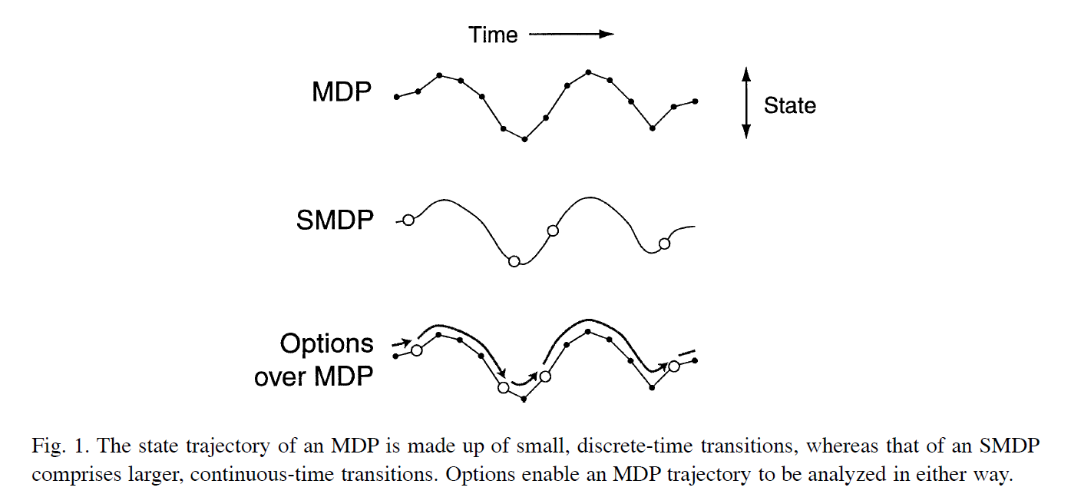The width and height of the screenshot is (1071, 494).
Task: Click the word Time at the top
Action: [x=493, y=35]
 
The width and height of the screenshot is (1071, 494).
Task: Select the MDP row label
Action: [x=342, y=92]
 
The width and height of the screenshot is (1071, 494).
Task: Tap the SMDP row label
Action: [x=335, y=220]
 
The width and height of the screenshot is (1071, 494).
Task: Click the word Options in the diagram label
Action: [x=326, y=343]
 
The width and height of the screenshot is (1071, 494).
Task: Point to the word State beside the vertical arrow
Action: [x=789, y=105]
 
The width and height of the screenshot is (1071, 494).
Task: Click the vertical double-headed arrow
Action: [x=745, y=102]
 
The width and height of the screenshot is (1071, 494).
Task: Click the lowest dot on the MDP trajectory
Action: [x=524, y=139]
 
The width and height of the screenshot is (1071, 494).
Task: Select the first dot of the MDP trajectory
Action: [x=396, y=97]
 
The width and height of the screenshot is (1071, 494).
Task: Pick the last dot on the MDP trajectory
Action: [x=695, y=101]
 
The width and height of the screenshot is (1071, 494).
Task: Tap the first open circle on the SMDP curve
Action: [x=408, y=220]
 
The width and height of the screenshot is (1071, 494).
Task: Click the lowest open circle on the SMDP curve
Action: [x=514, y=261]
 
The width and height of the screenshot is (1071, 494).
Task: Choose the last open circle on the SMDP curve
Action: [x=665, y=244]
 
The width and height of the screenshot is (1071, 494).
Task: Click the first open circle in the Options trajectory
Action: [x=417, y=350]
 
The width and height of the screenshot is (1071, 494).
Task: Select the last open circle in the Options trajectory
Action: [x=674, y=366]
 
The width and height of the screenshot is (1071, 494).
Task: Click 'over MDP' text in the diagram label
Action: [x=313, y=376]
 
